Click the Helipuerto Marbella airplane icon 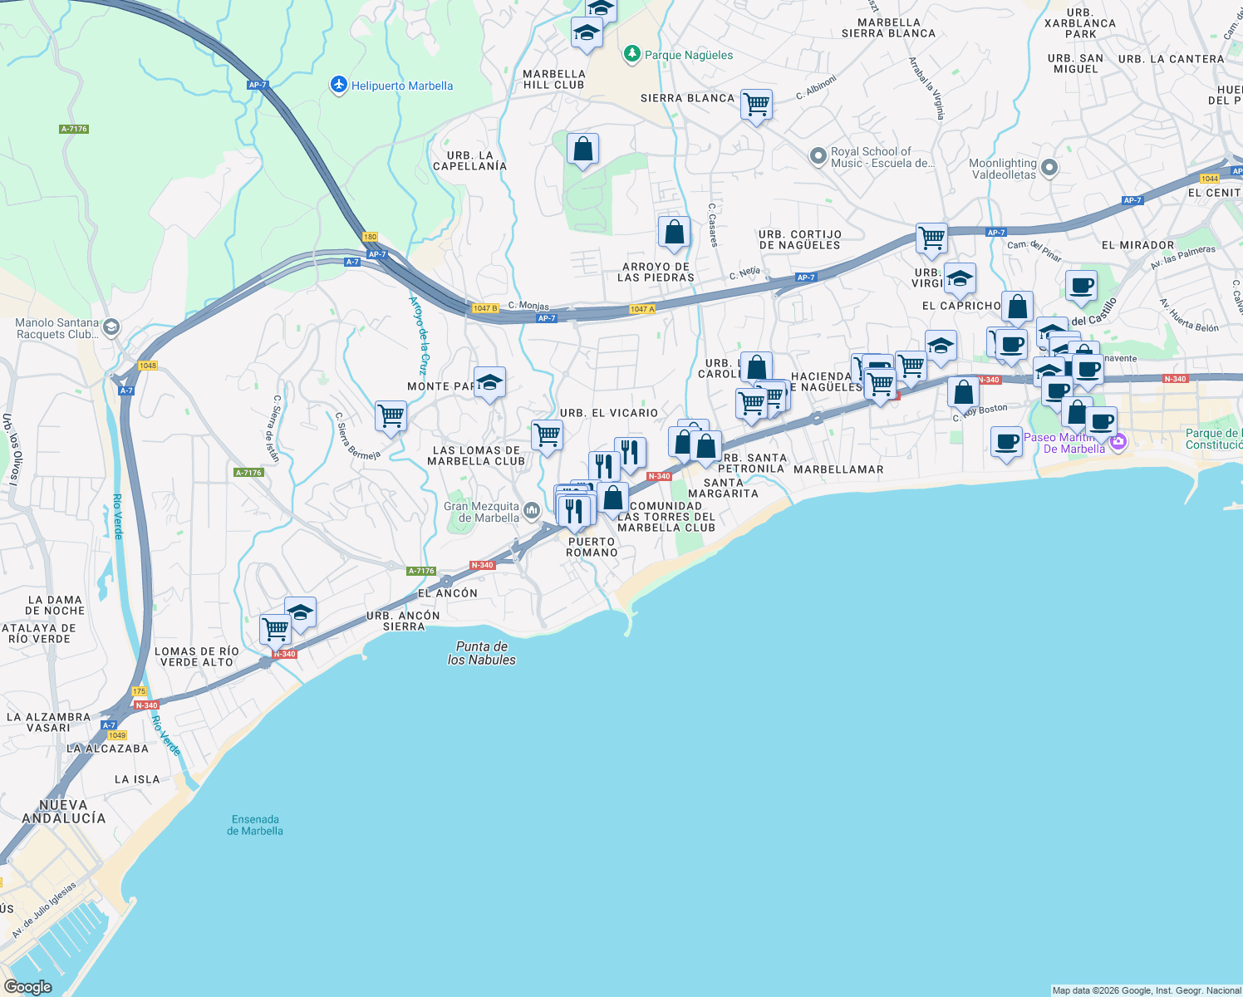point(338,85)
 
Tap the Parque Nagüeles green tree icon point(632,55)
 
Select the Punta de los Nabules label point(481,653)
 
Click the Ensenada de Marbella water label point(255,825)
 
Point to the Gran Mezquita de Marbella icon point(532,508)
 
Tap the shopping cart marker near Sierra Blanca point(756,105)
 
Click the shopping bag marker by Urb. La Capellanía point(583,150)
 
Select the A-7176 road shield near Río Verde point(248,473)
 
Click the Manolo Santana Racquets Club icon point(112,327)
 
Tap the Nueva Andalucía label point(64,811)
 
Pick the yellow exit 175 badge point(139,691)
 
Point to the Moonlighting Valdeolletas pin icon point(1049,168)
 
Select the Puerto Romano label point(592,547)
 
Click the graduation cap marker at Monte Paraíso point(489,382)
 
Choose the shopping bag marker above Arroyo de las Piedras point(674,232)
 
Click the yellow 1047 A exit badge point(642,309)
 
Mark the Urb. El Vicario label point(609,413)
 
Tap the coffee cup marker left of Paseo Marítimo point(1007,441)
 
